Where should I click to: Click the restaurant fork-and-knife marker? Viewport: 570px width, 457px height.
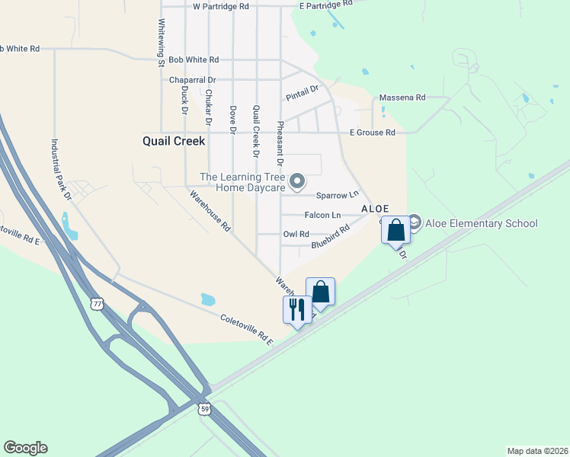pos(296,309)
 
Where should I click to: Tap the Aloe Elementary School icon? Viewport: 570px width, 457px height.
pos(415,223)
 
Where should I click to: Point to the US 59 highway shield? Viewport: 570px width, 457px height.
pos(205,409)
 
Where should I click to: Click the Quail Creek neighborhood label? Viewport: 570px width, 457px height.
pos(174,141)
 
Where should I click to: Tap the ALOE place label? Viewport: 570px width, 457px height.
pos(375,209)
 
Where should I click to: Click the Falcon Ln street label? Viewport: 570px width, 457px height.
pos(322,216)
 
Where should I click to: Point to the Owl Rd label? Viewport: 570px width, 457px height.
pos(296,235)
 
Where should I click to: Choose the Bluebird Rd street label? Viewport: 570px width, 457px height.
pos(330,238)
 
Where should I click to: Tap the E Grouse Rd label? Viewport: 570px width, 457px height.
pos(372,133)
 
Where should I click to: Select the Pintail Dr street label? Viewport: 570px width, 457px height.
pos(301,94)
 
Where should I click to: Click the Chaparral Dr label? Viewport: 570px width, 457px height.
pos(193,79)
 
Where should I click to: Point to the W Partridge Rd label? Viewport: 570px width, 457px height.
pos(221,6)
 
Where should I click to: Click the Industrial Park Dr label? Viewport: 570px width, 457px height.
pos(61,170)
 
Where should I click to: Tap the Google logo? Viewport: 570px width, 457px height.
pos(25,448)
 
